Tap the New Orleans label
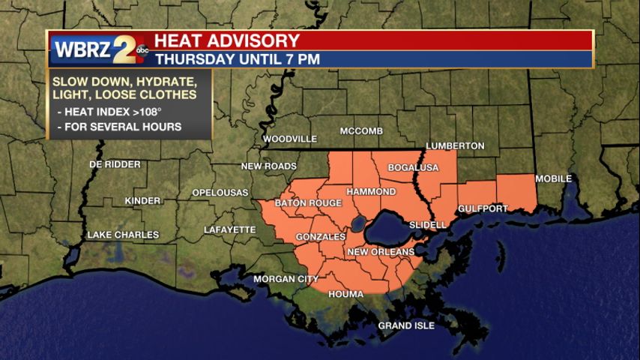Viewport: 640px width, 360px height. pyautogui.click(x=381, y=252)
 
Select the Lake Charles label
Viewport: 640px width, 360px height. pyautogui.click(x=123, y=235)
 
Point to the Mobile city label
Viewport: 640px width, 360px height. pyautogui.click(x=553, y=178)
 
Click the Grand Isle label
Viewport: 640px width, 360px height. pyautogui.click(x=405, y=325)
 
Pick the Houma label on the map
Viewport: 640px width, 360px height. pyautogui.click(x=346, y=294)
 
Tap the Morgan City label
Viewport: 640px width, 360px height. pyautogui.click(x=286, y=279)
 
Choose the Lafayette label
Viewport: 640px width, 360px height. pyautogui.click(x=230, y=229)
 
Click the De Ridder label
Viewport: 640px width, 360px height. pyautogui.click(x=115, y=164)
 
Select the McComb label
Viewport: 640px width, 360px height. pyautogui.click(x=361, y=131)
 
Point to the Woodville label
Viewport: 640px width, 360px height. pyautogui.click(x=289, y=139)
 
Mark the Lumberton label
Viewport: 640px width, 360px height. pyautogui.click(x=455, y=145)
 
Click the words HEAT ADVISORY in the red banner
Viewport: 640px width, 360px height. pyautogui.click(x=227, y=40)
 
